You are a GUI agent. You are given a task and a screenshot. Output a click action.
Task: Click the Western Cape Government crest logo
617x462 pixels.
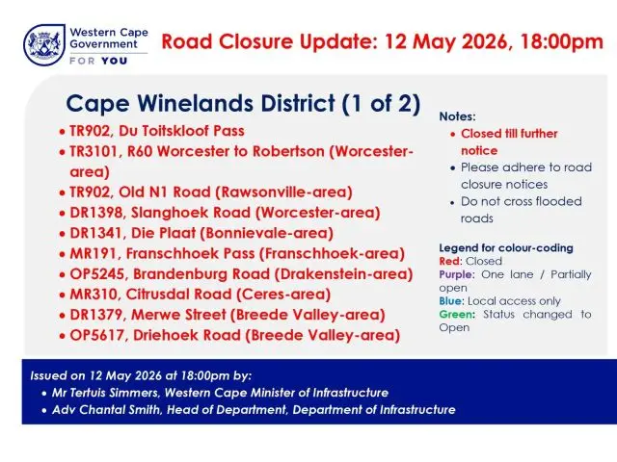44,45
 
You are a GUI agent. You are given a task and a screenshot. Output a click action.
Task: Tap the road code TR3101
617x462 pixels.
94,151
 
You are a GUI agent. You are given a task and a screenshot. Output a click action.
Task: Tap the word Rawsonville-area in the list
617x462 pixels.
283,192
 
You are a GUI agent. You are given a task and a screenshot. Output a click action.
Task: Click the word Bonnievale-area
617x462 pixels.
267,233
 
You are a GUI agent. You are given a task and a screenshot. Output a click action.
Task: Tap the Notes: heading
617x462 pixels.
457,116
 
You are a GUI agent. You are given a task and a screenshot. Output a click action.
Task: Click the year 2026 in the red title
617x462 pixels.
484,41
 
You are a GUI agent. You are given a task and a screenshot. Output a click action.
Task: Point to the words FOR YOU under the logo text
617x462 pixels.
98,61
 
